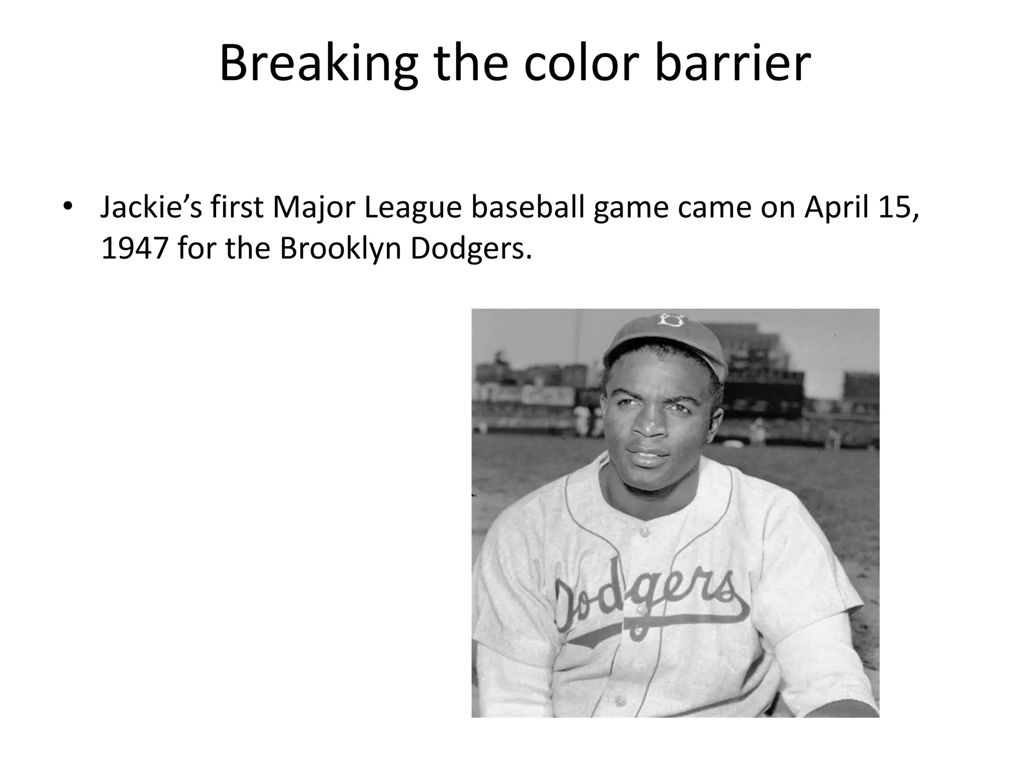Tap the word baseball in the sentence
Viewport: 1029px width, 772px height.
coord(527,207)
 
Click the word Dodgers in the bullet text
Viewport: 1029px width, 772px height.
coord(470,248)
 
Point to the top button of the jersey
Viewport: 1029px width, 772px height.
coord(644,531)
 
